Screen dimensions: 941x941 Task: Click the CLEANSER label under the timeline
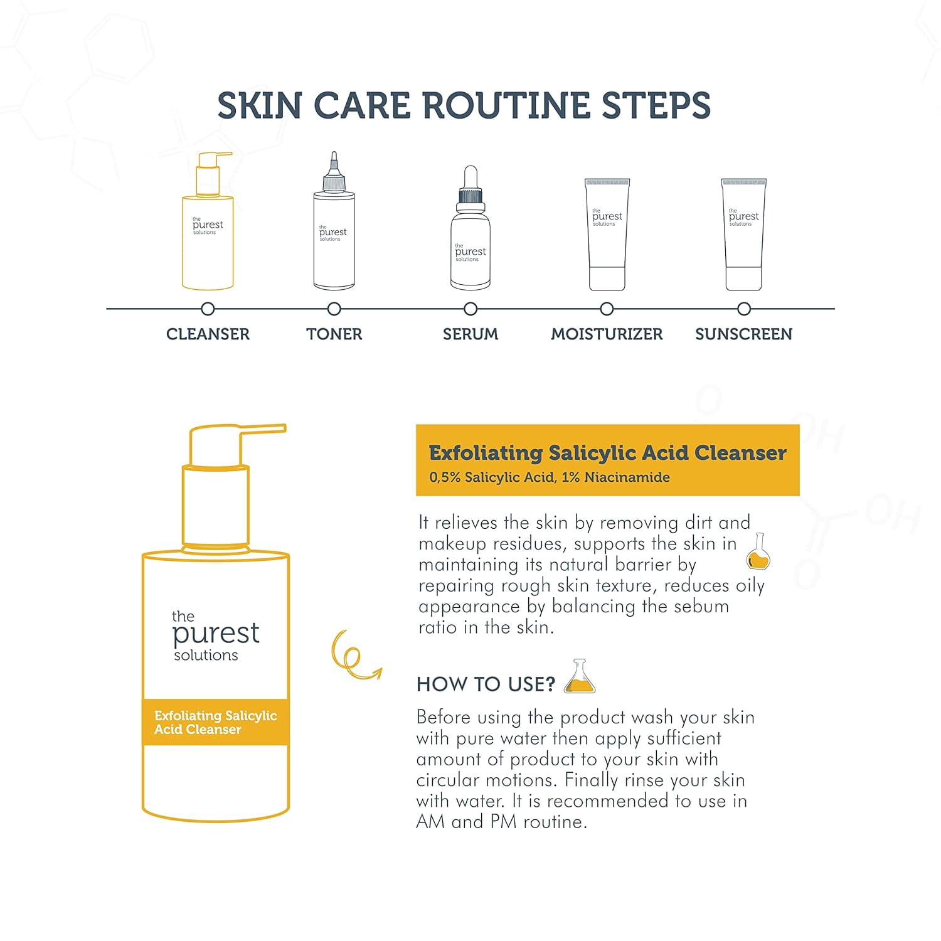tap(208, 334)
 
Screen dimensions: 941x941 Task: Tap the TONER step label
tap(334, 334)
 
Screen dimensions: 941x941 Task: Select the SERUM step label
tap(470, 334)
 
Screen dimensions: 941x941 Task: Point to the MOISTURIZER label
tap(607, 334)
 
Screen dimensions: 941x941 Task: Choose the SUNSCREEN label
tap(743, 334)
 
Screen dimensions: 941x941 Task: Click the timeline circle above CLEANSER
tap(208, 309)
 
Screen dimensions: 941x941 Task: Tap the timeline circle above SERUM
tap(470, 309)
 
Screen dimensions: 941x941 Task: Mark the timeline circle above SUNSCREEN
tap(744, 309)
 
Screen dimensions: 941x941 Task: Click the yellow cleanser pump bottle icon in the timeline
tap(208, 221)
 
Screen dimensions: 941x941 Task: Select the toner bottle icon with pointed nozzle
tap(334, 221)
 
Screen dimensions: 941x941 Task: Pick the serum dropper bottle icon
tap(470, 228)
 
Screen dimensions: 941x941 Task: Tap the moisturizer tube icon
tap(607, 235)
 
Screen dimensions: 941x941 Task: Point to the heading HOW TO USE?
tap(486, 684)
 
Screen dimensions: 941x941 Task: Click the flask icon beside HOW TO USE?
tap(580, 676)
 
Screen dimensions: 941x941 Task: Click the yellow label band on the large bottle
tap(215, 722)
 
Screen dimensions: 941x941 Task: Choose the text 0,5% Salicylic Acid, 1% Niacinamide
tap(550, 477)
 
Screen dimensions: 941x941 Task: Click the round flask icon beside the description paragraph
tap(758, 552)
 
